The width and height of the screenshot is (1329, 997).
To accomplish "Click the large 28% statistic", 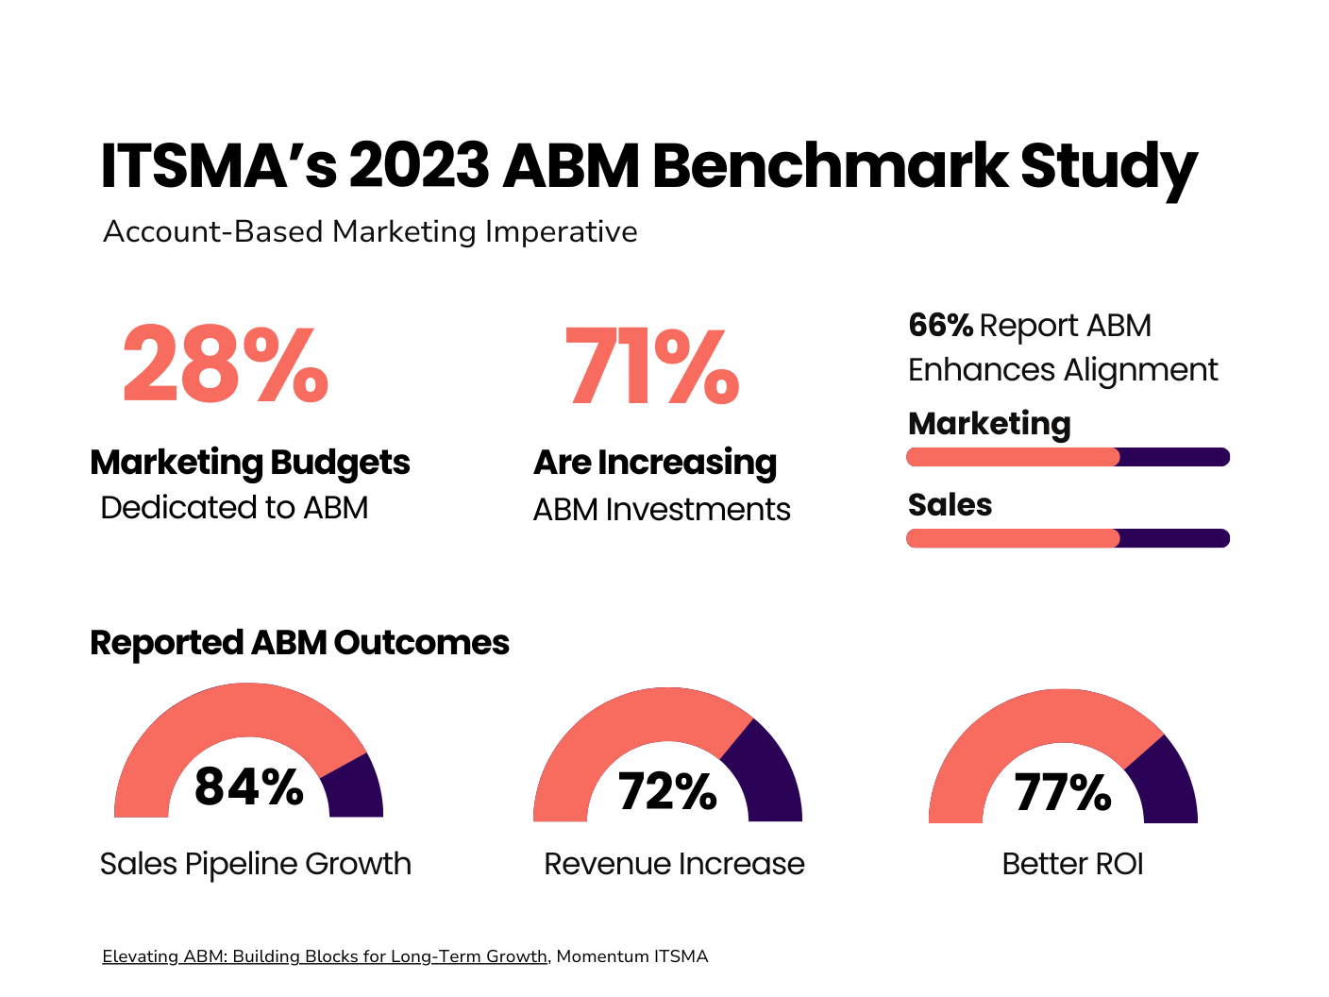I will point(226,365).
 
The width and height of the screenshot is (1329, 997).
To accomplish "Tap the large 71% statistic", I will point(651,367).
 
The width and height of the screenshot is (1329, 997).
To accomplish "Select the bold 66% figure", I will point(940,326).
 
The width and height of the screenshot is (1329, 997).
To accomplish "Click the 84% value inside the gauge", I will point(249,786).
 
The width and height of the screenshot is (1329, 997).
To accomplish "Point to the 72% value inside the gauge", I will point(667,791).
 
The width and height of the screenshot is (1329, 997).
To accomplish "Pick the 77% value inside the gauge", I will point(1063,792).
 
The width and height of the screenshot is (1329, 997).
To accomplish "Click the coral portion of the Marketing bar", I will point(1012,457).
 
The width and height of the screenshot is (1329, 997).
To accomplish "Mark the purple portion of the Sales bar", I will point(1174,538).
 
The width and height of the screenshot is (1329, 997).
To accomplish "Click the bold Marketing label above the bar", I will point(989,424).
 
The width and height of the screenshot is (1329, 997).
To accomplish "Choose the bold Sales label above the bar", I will point(950,505).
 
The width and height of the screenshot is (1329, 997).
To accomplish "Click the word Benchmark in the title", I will point(831,166).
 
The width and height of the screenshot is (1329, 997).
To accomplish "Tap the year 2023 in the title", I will point(419,166).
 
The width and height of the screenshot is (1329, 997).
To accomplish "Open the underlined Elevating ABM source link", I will point(325,956).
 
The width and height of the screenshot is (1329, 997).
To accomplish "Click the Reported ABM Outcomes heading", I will point(299,643).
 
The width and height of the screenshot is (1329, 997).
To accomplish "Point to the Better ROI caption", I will point(1072,864).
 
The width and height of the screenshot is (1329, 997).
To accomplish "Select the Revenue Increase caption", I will point(674,864).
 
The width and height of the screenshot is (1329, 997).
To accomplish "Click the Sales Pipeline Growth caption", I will point(256,864).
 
